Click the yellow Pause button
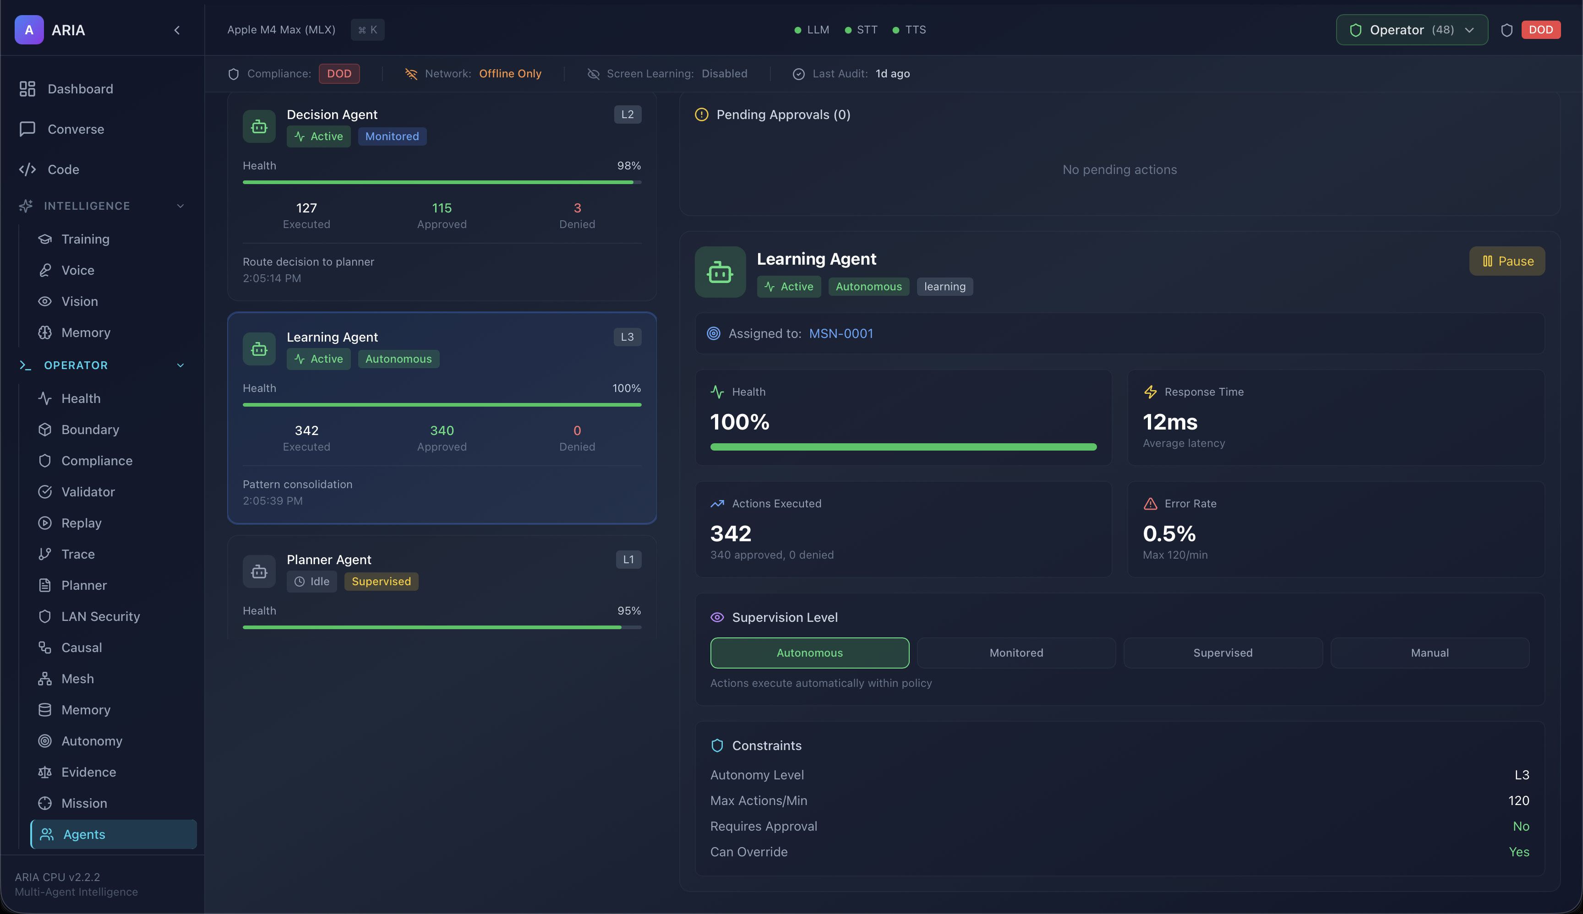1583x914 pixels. point(1507,261)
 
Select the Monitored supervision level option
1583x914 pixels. point(1016,653)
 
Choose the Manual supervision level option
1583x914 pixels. point(1429,653)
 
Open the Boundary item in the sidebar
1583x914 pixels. point(90,430)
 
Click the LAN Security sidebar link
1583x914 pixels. point(100,616)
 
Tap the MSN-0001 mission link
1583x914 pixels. point(841,333)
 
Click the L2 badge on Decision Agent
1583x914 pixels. point(627,114)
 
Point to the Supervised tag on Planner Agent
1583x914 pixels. point(381,581)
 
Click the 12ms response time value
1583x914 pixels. point(1170,422)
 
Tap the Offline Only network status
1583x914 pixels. point(510,73)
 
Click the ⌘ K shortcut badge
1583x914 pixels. point(367,30)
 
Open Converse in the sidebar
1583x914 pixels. point(76,129)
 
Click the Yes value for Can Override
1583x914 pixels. point(1518,852)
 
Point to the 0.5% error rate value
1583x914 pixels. point(1168,533)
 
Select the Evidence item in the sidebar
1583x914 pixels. point(88,772)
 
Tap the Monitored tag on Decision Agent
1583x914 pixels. point(392,136)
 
